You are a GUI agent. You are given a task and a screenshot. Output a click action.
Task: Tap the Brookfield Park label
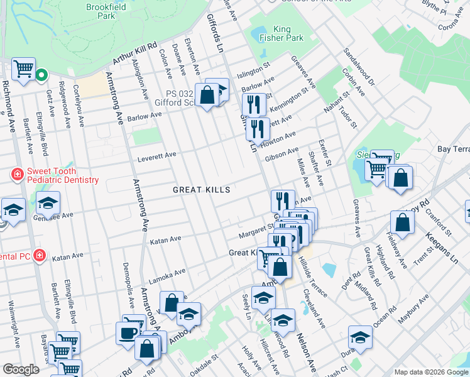coord(107,11)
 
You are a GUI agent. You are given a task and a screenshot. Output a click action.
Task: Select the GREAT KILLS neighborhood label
coord(202,190)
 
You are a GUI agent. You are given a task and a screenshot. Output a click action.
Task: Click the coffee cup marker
coord(128,332)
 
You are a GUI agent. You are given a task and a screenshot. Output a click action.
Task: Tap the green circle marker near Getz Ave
coord(41,75)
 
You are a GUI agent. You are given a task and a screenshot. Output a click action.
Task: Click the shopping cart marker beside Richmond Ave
coord(23,68)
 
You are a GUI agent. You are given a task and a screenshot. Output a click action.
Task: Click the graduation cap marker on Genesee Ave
coord(47,204)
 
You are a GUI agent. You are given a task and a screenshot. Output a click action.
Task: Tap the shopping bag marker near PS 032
coord(207,96)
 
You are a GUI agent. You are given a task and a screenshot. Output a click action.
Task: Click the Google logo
coord(21,370)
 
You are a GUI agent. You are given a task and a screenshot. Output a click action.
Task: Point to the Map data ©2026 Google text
coord(430,371)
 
